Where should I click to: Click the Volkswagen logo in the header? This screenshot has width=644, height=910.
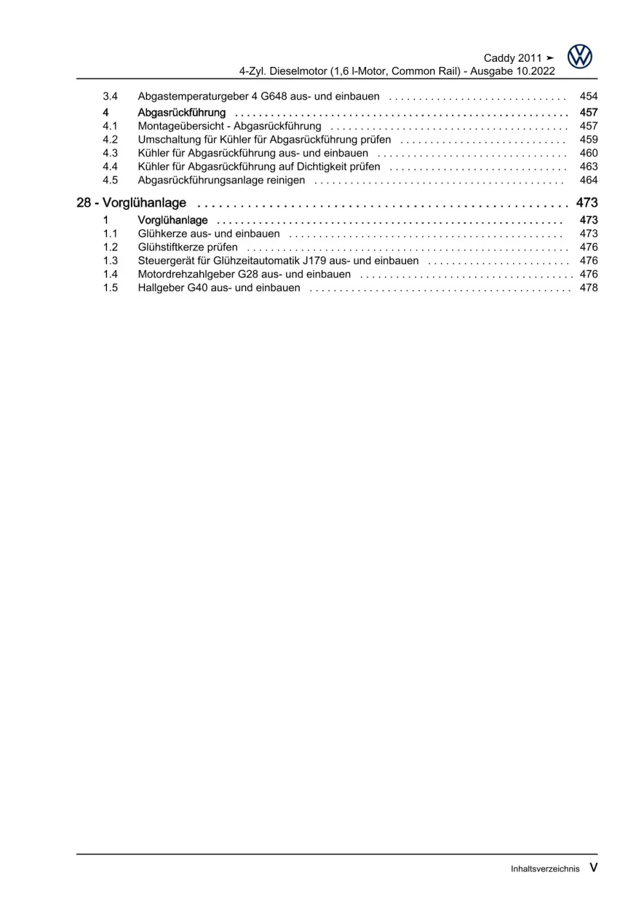click(x=580, y=57)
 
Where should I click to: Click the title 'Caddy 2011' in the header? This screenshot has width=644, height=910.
click(x=512, y=58)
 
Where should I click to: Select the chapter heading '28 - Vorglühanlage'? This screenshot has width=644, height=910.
click(x=131, y=203)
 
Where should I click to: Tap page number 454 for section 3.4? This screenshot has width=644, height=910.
click(x=589, y=96)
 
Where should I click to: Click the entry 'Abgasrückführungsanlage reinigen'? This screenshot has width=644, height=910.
click(x=221, y=180)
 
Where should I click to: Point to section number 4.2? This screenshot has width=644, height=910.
click(x=110, y=140)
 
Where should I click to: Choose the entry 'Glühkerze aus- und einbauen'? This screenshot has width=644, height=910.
click(x=209, y=234)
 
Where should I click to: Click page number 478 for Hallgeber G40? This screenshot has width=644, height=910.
click(x=589, y=288)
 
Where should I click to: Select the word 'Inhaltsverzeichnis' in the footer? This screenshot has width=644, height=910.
click(x=545, y=869)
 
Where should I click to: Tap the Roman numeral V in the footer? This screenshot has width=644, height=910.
click(x=593, y=867)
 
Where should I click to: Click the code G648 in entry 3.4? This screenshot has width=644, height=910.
click(x=274, y=97)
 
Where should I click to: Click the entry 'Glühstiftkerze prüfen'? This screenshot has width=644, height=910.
click(x=188, y=247)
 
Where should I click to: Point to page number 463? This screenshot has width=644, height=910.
click(x=589, y=167)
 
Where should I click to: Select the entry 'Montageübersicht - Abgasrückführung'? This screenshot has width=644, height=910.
click(x=229, y=126)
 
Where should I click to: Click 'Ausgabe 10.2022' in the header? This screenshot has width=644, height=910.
click(x=512, y=71)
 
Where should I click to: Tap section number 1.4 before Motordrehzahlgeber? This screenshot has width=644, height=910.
click(x=110, y=274)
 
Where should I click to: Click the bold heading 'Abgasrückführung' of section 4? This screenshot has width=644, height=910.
click(x=182, y=113)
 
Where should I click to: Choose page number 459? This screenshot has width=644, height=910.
click(x=589, y=140)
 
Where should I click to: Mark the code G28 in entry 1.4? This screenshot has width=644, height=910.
click(x=248, y=274)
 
